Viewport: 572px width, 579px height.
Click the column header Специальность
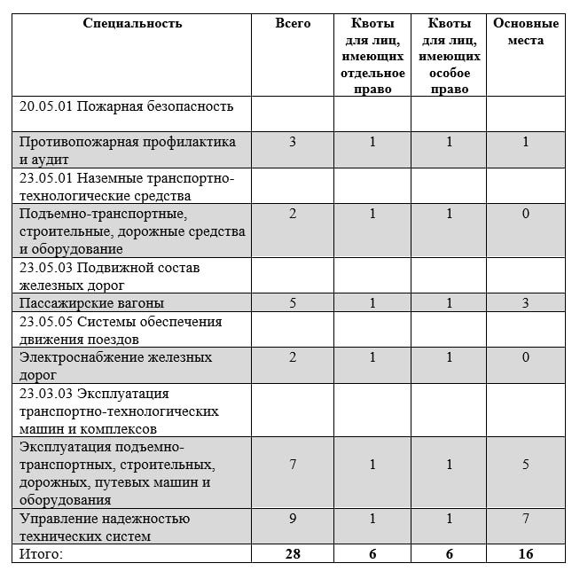(132, 24)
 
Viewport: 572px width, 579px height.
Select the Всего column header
(293, 24)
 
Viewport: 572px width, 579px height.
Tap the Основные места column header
(526, 32)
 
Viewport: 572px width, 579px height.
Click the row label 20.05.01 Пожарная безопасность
(127, 106)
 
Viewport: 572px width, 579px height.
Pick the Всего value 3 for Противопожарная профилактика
(293, 142)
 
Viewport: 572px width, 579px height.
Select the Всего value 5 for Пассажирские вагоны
(293, 302)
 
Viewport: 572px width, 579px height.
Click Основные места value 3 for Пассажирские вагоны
(526, 302)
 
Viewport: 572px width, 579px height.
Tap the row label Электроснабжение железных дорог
(115, 365)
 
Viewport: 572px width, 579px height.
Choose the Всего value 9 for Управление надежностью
(293, 519)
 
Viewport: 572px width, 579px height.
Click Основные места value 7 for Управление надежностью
(526, 519)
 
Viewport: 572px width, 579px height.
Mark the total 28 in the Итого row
(293, 554)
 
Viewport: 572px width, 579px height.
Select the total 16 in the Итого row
(526, 554)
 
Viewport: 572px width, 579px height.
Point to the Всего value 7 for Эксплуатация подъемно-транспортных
(293, 465)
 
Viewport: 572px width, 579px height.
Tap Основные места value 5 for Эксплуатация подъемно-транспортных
(526, 465)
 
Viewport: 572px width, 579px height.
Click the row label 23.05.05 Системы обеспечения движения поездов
(121, 329)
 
